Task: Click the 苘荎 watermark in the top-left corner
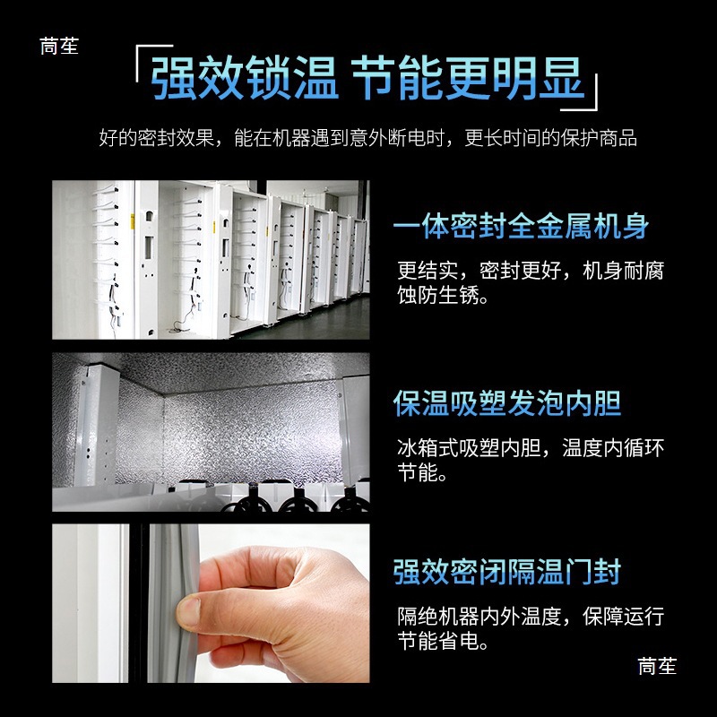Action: tap(59, 46)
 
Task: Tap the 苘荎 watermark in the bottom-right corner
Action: tap(657, 666)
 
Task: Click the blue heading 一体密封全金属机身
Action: tap(521, 226)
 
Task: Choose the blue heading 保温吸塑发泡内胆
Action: tap(507, 402)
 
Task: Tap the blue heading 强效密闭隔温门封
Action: tap(507, 571)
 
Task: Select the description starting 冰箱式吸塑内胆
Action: tap(531, 448)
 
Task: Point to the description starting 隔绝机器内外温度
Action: tap(531, 617)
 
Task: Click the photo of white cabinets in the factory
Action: tap(211, 260)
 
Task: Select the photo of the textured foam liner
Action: tap(211, 431)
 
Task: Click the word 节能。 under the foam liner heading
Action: tap(422, 472)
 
